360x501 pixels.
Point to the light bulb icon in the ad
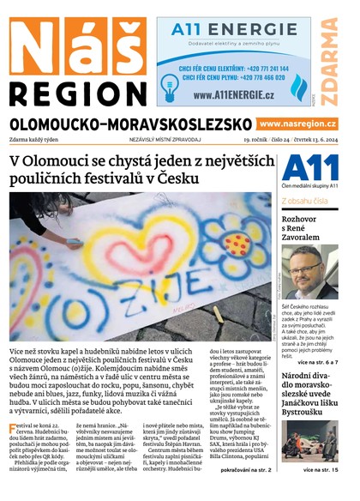(168, 82)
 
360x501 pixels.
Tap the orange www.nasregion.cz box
(297, 124)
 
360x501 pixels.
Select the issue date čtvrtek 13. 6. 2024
(314, 140)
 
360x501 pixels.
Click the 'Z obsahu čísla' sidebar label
(304, 202)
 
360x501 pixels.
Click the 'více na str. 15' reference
(321, 470)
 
